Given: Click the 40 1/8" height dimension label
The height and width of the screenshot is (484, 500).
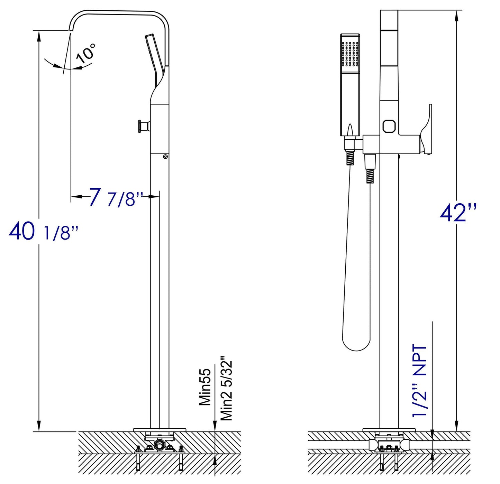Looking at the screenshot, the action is point(43,232).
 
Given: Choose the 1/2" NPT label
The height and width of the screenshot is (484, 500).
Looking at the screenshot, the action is point(419,381).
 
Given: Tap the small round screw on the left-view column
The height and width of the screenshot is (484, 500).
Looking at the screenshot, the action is point(165,156).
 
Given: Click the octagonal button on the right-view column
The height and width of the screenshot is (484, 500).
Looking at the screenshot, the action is point(389,126).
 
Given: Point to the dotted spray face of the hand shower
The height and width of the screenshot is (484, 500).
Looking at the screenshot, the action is point(350,54).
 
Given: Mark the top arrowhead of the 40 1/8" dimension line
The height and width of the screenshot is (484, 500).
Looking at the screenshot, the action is point(39,36).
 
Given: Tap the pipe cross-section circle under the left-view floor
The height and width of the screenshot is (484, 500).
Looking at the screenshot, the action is point(159,444).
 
